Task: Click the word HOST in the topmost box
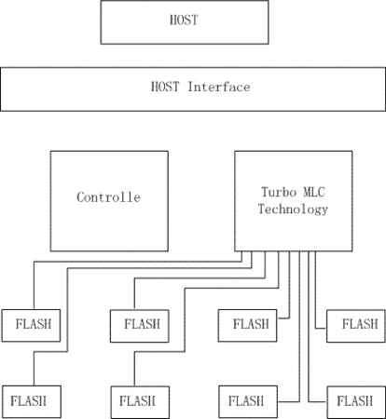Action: [184, 20]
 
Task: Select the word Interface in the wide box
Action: [219, 87]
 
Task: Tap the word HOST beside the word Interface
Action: [165, 87]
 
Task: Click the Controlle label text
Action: [108, 197]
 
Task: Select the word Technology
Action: [293, 209]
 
